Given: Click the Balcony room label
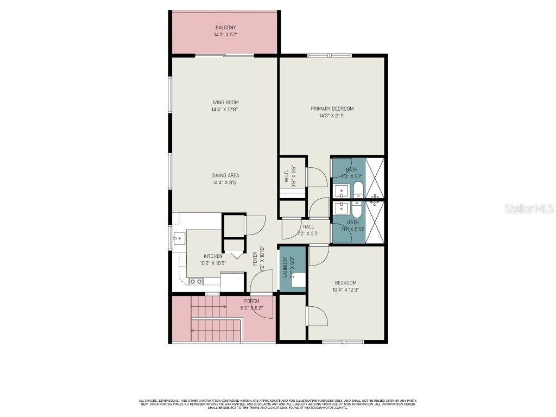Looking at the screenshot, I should click(225, 28).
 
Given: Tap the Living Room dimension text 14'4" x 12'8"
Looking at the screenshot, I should click(225, 110).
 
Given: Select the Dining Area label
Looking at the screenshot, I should click(225, 175).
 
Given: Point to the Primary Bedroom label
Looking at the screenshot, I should click(332, 109).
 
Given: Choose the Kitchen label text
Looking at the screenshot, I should click(213, 256).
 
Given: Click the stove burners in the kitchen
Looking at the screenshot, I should click(196, 281).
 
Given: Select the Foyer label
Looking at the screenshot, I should click(256, 259).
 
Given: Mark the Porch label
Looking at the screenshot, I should click(251, 301).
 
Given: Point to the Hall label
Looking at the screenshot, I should click(308, 226).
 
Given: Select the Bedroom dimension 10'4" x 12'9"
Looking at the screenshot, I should click(345, 290).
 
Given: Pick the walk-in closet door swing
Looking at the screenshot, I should click(316, 178).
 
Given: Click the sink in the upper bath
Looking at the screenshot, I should click(340, 191).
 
